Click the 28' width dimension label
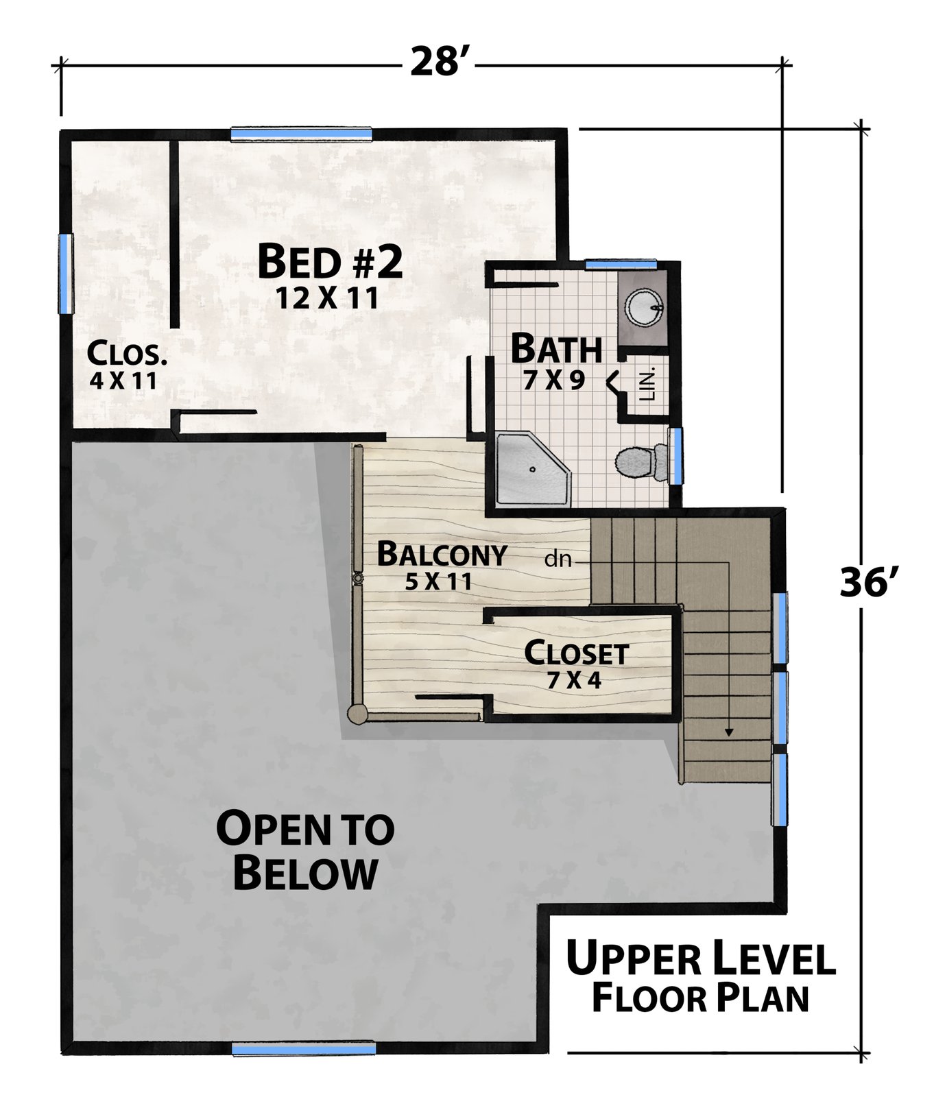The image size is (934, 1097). [439, 62]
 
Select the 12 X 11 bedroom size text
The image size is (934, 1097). [327, 298]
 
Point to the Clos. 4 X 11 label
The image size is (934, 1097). [127, 365]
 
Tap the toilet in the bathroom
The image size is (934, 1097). [643, 462]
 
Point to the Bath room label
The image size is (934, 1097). [556, 348]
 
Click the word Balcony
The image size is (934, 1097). [442, 554]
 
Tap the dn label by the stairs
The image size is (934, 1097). [558, 559]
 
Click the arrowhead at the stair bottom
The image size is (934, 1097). [728, 732]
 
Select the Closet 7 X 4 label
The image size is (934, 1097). [576, 665]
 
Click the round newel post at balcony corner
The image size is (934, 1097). [357, 715]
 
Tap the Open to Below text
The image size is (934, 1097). [305, 851]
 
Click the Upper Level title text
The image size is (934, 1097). [701, 959]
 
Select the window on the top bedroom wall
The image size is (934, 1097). [301, 134]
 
